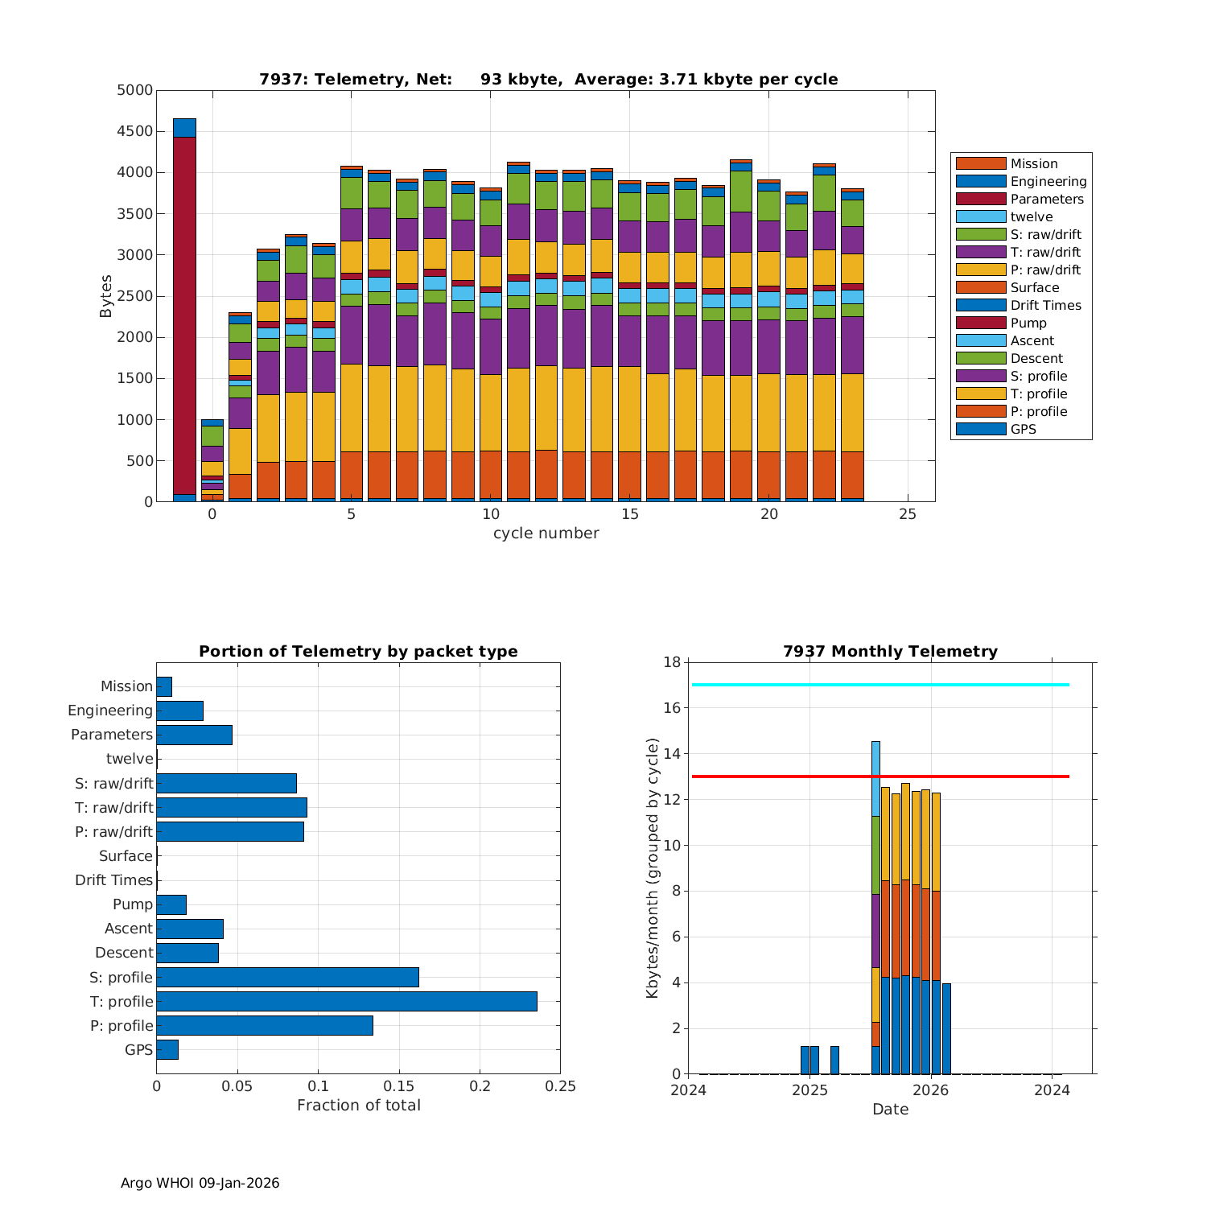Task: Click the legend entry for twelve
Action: click(1031, 217)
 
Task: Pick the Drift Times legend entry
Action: click(1045, 306)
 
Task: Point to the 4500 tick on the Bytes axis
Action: click(134, 131)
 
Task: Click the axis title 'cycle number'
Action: click(546, 533)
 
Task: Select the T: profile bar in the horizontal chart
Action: click(346, 1001)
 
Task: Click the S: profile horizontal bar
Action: click(287, 977)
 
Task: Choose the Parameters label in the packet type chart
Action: click(111, 735)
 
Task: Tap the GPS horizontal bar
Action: click(167, 1049)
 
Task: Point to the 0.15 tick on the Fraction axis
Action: click(399, 1086)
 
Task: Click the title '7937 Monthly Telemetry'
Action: click(890, 652)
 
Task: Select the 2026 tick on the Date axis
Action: click(931, 1090)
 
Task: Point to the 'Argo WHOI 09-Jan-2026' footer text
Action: click(200, 1183)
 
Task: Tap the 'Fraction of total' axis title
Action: click(358, 1106)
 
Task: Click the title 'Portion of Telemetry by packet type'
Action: click(358, 652)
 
